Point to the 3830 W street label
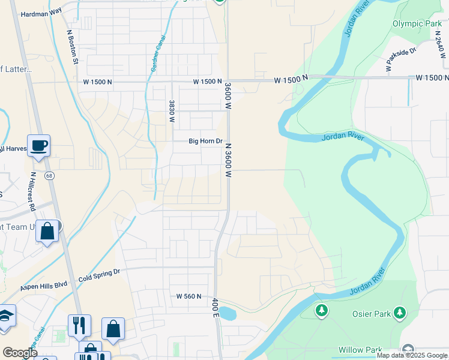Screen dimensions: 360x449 [x=172, y=111]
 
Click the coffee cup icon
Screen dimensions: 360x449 [x=39, y=145]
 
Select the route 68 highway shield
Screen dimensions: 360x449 [x=49, y=175]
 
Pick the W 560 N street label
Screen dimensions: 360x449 [x=188, y=296]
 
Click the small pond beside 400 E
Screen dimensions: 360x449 [x=228, y=313]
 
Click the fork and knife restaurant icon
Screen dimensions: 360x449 [x=79, y=325]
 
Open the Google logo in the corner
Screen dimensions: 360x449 [x=20, y=353]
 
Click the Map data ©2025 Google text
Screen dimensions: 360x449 [x=412, y=355]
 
